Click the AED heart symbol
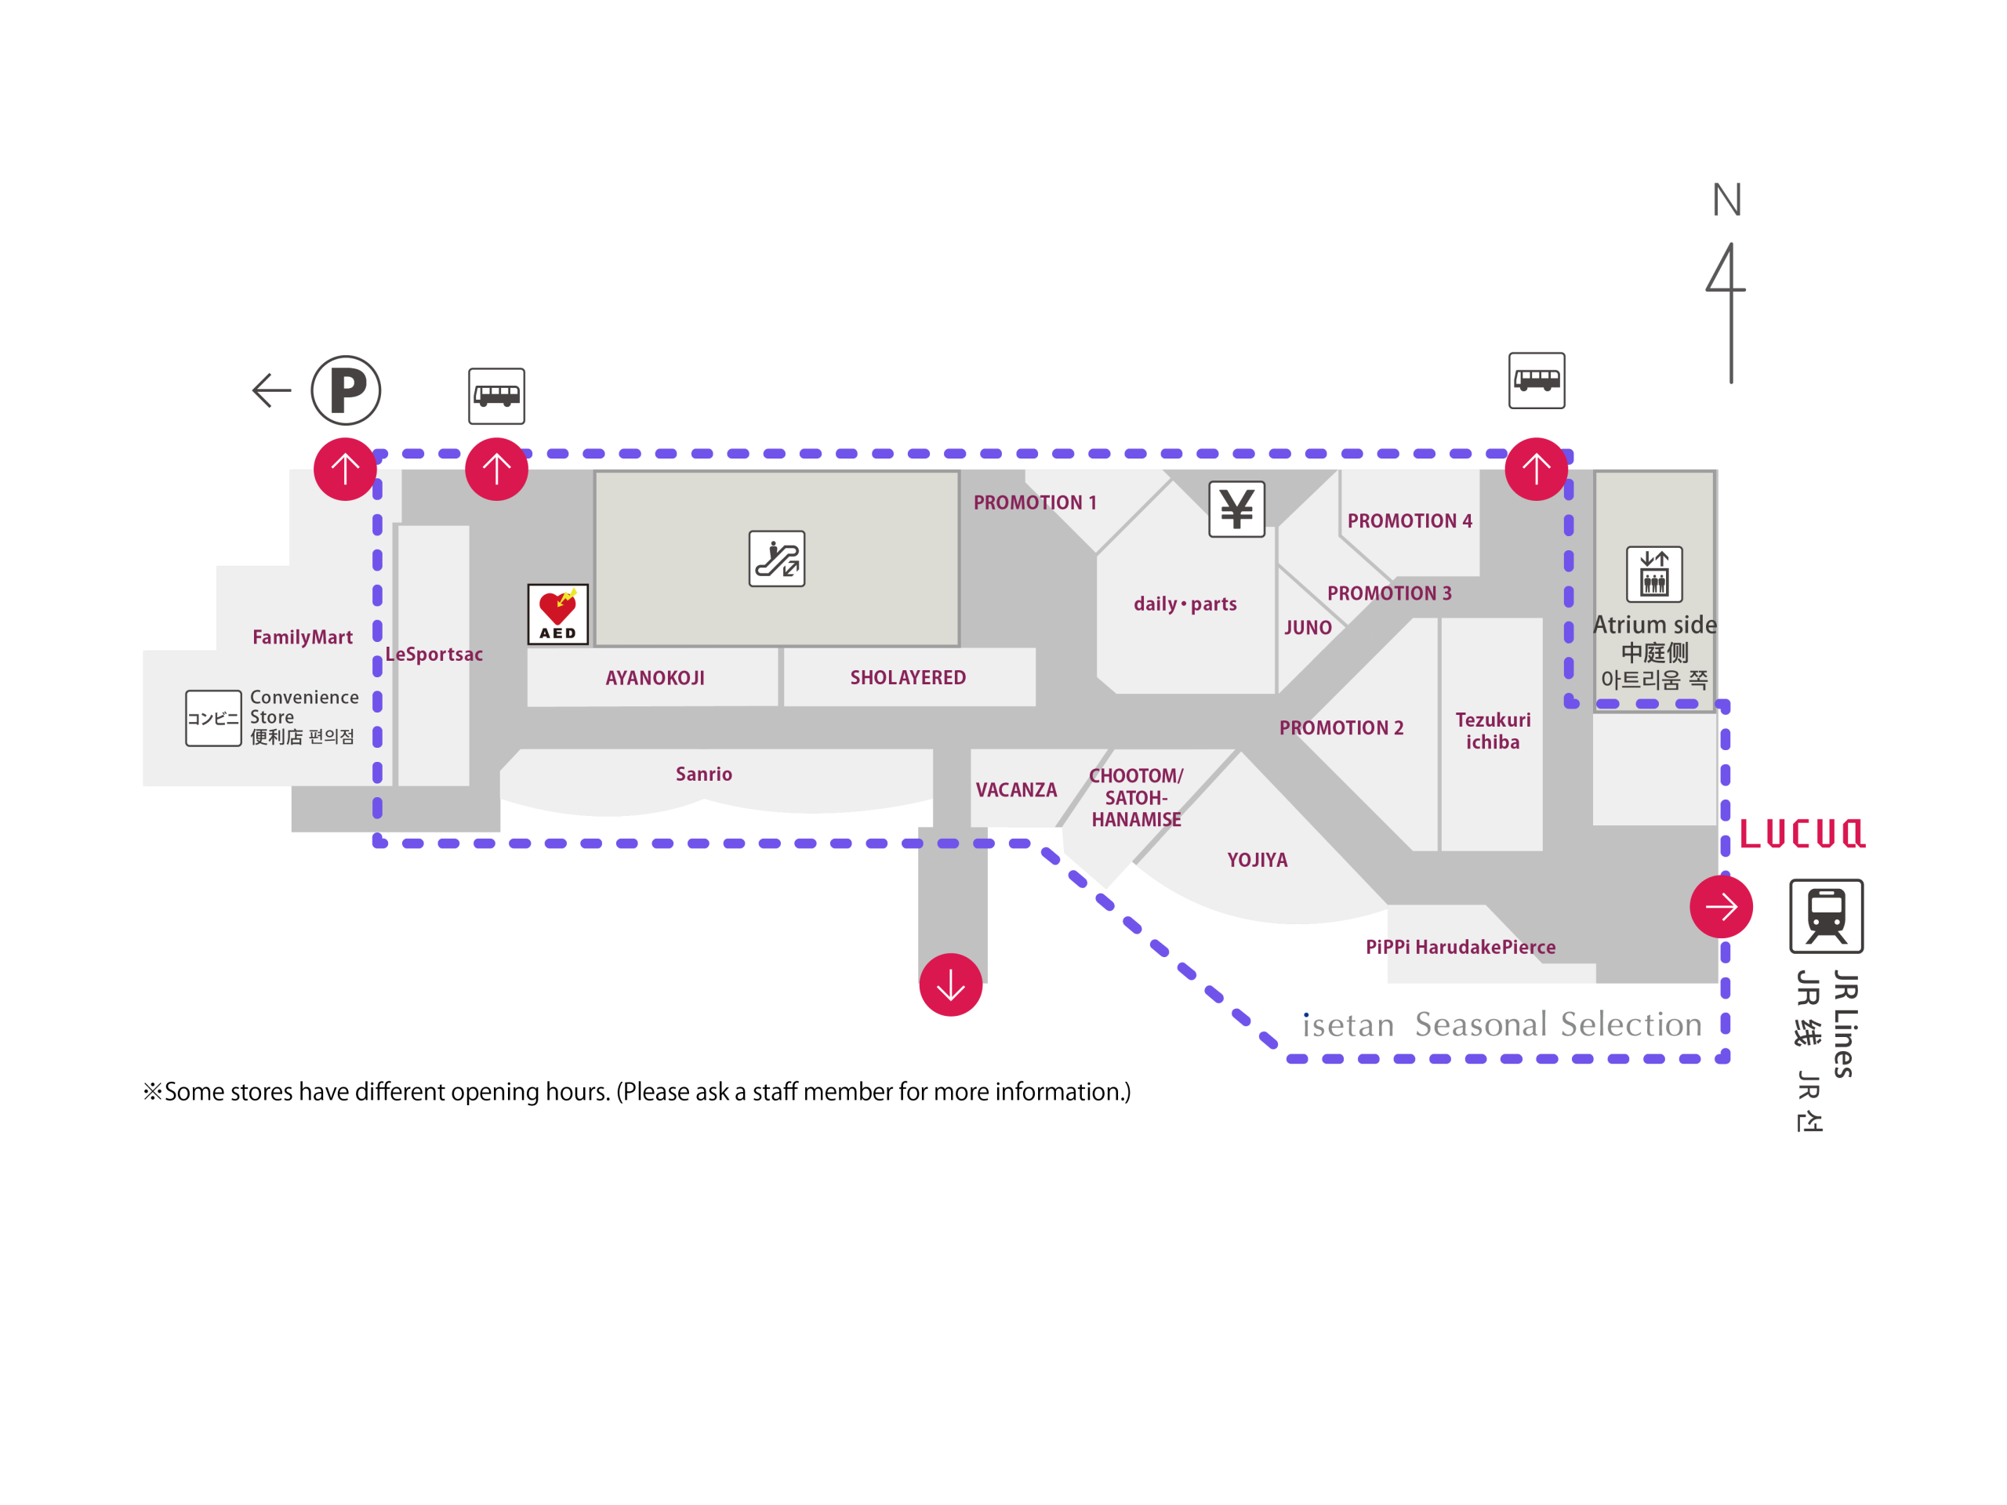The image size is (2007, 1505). (x=557, y=615)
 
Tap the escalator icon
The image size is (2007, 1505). (x=777, y=559)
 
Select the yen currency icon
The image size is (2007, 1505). (x=1236, y=509)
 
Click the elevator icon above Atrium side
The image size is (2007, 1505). (x=1654, y=575)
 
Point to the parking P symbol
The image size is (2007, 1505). (x=346, y=391)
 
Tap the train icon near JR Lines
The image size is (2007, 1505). (x=1826, y=916)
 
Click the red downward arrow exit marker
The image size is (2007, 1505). (x=951, y=985)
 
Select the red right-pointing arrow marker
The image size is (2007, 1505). (x=1721, y=906)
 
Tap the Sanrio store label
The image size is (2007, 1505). (x=704, y=774)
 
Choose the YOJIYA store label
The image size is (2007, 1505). (x=1258, y=860)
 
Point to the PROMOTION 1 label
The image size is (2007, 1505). (x=1036, y=502)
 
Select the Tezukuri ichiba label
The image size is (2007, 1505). (x=1493, y=731)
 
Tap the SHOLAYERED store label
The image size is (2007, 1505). (x=908, y=678)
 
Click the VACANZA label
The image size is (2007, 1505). (x=1016, y=790)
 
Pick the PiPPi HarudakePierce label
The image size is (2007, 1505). (x=1461, y=947)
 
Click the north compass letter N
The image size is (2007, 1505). (x=1726, y=200)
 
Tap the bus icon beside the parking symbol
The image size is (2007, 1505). (x=496, y=397)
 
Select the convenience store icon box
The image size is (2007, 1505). (x=213, y=719)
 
